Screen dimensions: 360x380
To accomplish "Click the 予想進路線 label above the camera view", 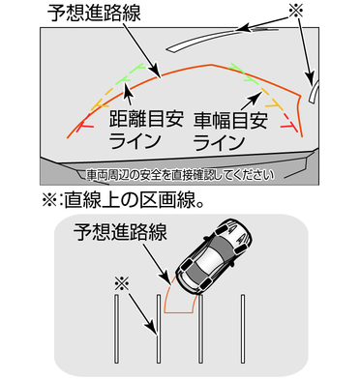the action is (94, 14).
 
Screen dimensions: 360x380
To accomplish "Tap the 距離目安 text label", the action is (146, 119).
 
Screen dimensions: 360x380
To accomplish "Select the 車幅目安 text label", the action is (230, 120).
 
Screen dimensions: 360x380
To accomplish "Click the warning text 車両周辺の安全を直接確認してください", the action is (181, 175).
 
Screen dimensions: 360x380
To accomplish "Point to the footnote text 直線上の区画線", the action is (131, 200).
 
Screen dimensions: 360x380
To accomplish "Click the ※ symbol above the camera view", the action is (296, 12).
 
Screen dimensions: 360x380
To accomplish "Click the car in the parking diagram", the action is (213, 256).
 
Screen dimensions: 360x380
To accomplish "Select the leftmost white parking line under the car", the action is (116, 329).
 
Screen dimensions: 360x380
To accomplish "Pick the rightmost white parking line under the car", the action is (243, 329).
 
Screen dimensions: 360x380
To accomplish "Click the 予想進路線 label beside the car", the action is (120, 232).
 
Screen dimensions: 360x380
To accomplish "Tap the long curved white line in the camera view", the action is (223, 37).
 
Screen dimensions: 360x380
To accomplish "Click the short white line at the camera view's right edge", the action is (313, 92).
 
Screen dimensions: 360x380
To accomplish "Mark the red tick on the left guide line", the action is (84, 125).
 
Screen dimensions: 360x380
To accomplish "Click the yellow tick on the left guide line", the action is (100, 104).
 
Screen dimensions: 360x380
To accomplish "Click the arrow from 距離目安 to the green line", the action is (129, 95).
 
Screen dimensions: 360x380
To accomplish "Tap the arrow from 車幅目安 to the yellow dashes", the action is (251, 101).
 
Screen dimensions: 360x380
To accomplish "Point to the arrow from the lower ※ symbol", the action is (143, 315).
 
